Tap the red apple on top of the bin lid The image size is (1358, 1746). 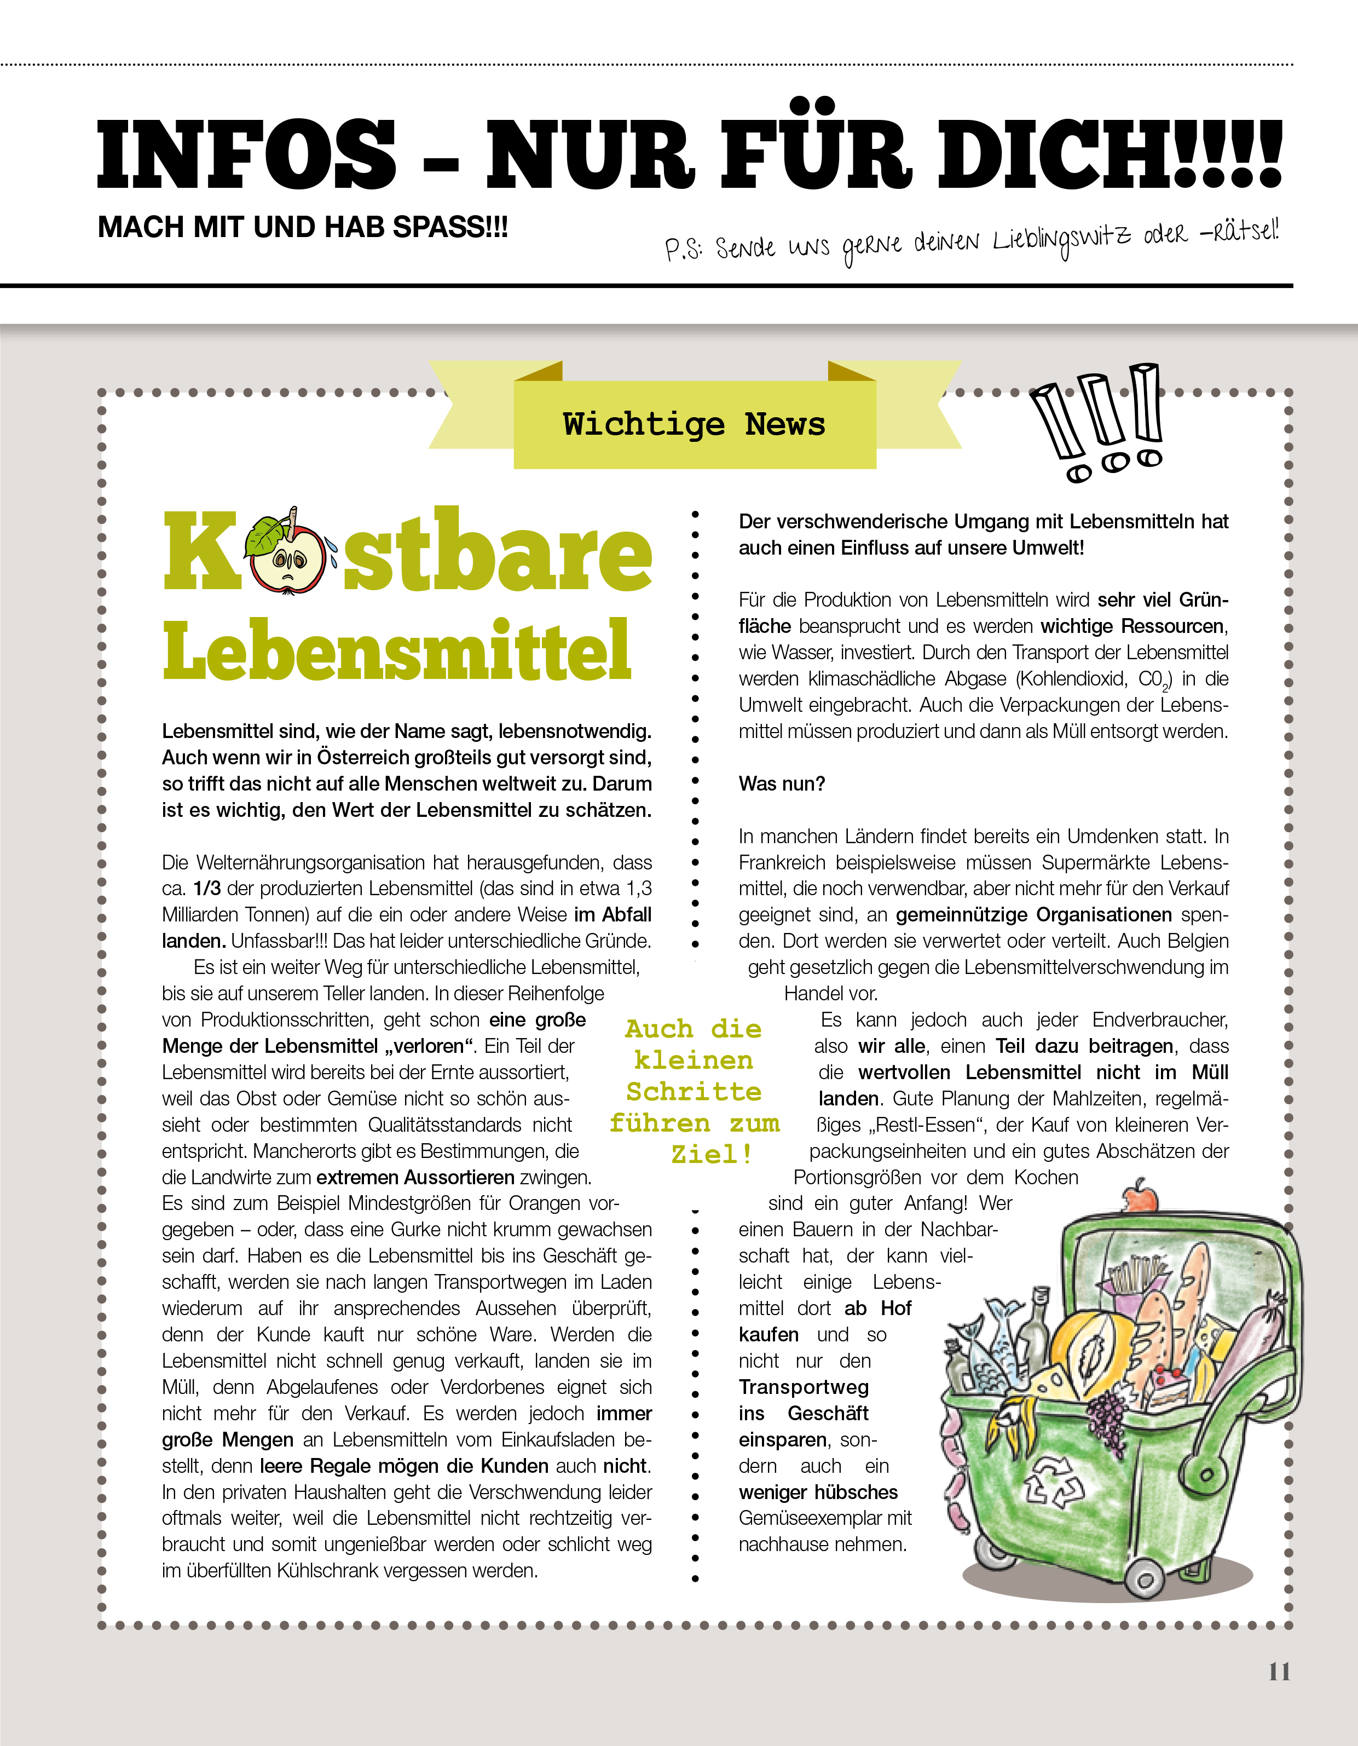pos(1140,1197)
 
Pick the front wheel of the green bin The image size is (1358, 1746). pos(1145,1580)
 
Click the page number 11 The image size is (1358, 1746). pos(1279,1671)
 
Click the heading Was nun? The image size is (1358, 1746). pos(781,783)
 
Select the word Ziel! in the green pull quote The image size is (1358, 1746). pos(712,1154)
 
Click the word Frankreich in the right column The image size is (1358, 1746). pos(780,863)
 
